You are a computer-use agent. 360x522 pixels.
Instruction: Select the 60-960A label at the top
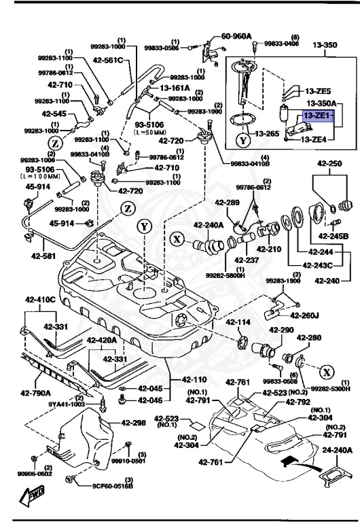click(236, 36)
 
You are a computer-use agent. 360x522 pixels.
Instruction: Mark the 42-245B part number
click(335, 236)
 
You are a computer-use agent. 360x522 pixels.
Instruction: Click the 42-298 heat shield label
click(134, 423)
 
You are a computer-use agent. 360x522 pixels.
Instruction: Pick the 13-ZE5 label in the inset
click(317, 90)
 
